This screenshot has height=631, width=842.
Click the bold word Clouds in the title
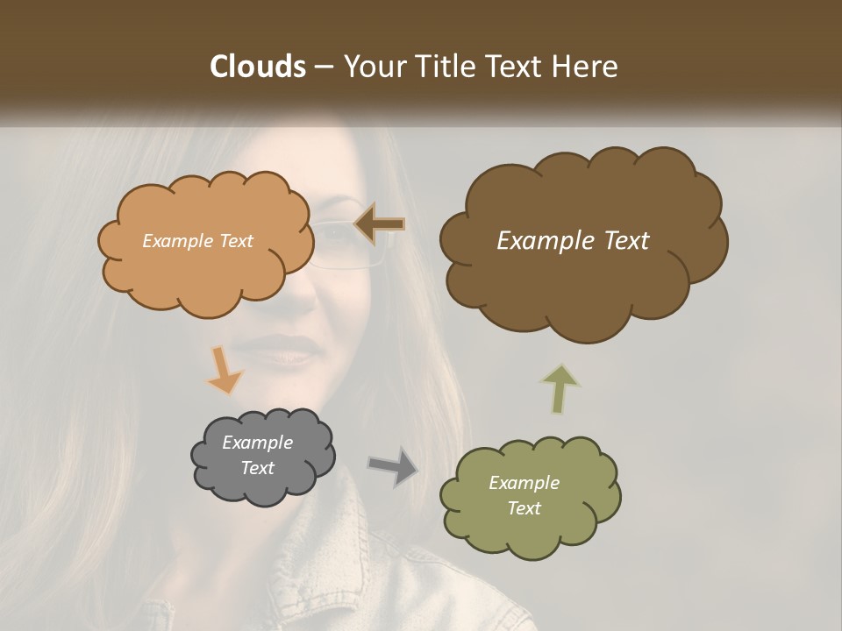coord(257,67)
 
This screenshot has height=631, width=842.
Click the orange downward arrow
coord(225,371)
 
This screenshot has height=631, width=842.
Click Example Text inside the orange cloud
coord(197,241)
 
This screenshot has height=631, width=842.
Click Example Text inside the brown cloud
coord(573,241)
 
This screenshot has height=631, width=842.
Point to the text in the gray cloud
coord(257,456)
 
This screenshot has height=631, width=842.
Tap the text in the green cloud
coord(524,495)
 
